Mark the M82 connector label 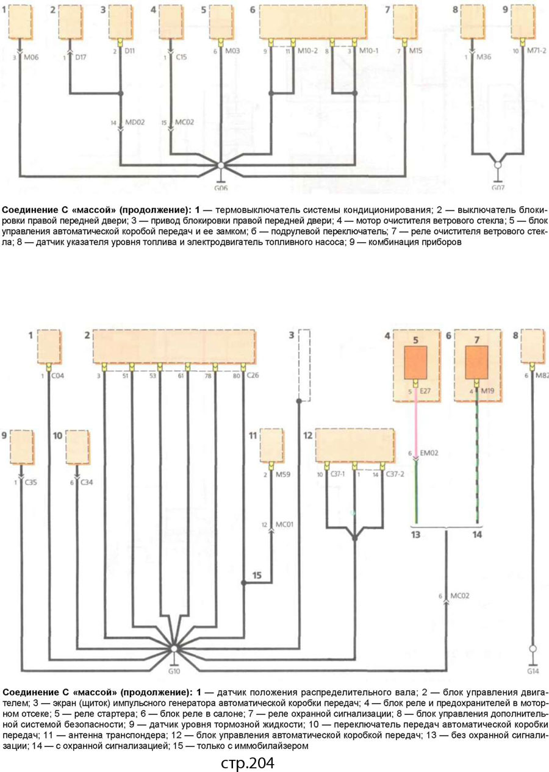[542, 376]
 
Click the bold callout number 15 [257, 575]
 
